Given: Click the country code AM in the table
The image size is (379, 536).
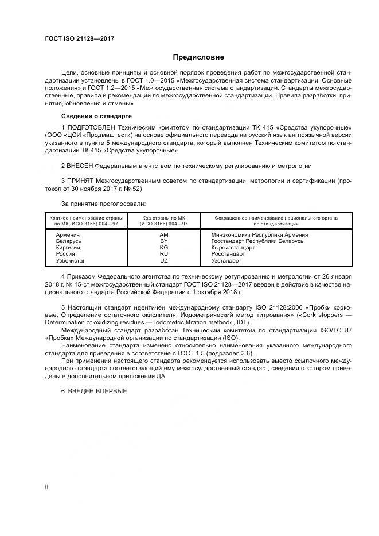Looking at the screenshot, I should click(x=163, y=235).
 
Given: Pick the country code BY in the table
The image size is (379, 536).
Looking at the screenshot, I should click(x=163, y=241).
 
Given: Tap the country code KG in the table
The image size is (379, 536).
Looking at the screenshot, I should click(x=163, y=248).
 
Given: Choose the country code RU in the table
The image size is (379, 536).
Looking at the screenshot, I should click(x=163, y=254).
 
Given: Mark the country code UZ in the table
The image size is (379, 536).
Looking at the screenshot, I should click(x=163, y=260).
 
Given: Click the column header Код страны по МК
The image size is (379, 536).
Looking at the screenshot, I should click(x=163, y=218).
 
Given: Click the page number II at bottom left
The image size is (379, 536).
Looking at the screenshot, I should click(x=46, y=487).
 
